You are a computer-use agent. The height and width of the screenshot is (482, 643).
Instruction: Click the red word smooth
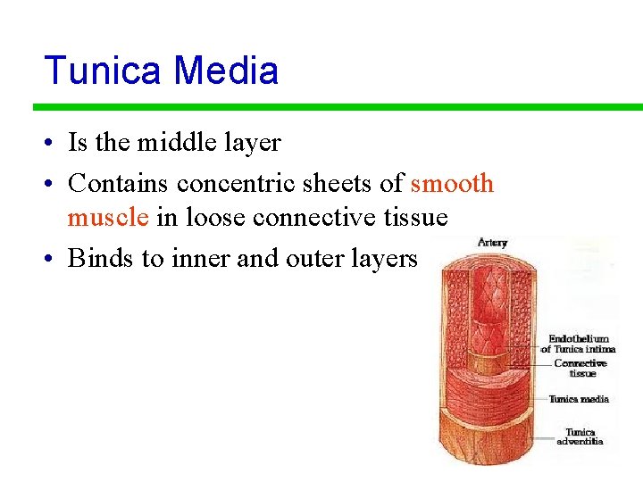click(452, 184)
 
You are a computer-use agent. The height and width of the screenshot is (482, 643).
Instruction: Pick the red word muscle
click(108, 217)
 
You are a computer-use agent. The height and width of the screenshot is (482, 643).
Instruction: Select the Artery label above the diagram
click(492, 242)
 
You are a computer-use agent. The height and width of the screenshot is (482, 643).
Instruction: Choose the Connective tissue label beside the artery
click(580, 368)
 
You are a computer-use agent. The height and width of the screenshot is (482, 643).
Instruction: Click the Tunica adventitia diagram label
click(580, 436)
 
